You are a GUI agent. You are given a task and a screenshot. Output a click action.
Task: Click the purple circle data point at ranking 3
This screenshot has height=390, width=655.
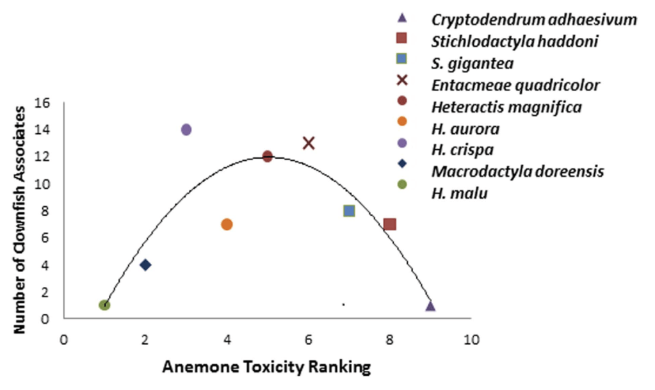[186, 129]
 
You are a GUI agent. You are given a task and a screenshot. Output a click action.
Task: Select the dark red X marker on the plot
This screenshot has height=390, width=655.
[309, 143]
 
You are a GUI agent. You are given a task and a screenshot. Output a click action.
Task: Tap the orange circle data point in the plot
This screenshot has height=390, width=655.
[227, 224]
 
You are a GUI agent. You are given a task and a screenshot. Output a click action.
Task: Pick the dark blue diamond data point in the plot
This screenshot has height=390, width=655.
[145, 264]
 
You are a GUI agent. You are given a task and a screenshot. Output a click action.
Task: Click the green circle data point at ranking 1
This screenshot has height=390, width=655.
[104, 305]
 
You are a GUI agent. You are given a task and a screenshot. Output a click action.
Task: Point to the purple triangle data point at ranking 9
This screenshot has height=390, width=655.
[430, 305]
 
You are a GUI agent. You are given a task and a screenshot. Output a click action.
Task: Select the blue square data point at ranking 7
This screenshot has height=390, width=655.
[349, 211]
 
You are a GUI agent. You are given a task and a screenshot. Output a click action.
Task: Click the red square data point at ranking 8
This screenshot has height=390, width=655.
[389, 224]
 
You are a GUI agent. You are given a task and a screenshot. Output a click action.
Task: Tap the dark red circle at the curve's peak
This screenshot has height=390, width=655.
[268, 156]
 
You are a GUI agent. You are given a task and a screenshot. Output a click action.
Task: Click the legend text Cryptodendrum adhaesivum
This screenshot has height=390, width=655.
[534, 19]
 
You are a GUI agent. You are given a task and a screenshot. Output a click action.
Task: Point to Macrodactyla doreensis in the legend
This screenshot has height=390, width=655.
[517, 171]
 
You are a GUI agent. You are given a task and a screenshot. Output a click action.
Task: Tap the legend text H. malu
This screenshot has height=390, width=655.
[459, 192]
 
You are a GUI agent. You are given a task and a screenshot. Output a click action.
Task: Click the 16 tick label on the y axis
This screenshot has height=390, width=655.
[49, 103]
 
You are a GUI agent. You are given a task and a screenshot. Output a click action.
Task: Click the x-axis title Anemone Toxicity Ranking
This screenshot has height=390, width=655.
[266, 367]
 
